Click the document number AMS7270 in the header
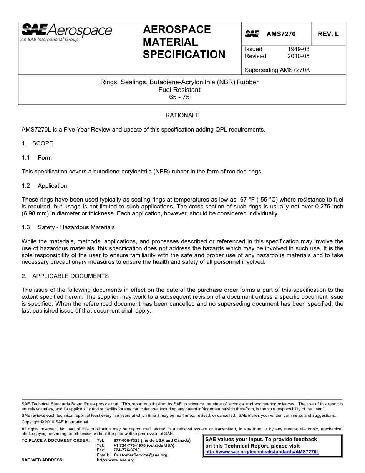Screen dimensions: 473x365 (x=281, y=34)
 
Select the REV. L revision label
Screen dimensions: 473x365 (x=328, y=34)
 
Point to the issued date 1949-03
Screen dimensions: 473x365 (x=298, y=49)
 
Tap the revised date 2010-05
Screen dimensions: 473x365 (x=298, y=56)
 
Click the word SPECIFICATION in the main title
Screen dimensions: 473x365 (x=184, y=55)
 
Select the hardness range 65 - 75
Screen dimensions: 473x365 (x=179, y=97)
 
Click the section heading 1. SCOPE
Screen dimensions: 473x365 (x=37, y=143)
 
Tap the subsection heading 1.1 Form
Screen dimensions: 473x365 (x=37, y=158)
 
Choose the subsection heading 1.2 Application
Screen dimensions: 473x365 (x=45, y=186)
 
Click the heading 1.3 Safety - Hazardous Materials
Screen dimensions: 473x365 (x=68, y=227)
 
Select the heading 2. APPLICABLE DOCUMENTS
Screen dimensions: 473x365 (x=65, y=276)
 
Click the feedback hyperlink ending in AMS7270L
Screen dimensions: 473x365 (x=262, y=452)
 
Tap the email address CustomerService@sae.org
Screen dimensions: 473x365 (x=141, y=455)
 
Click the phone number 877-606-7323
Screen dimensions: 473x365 (x=127, y=440)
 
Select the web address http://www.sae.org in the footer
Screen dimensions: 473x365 (x=116, y=460)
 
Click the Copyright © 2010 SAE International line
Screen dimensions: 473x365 (x=55, y=422)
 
